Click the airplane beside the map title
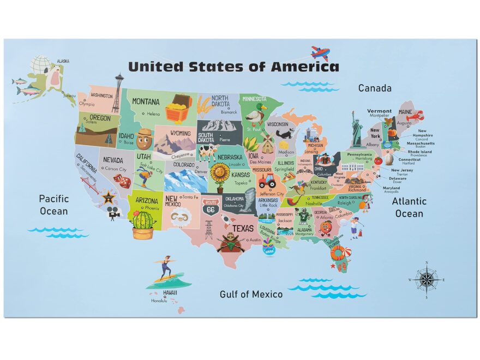pos(320,53)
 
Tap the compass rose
pos(426,280)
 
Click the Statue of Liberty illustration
pos(357,127)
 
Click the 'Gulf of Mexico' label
pos(251,295)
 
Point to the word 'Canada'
pos(374,88)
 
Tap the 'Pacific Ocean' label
pos(53,205)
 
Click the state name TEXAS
pos(243,229)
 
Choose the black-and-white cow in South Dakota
pos(207,151)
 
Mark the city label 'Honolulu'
pos(159,301)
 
